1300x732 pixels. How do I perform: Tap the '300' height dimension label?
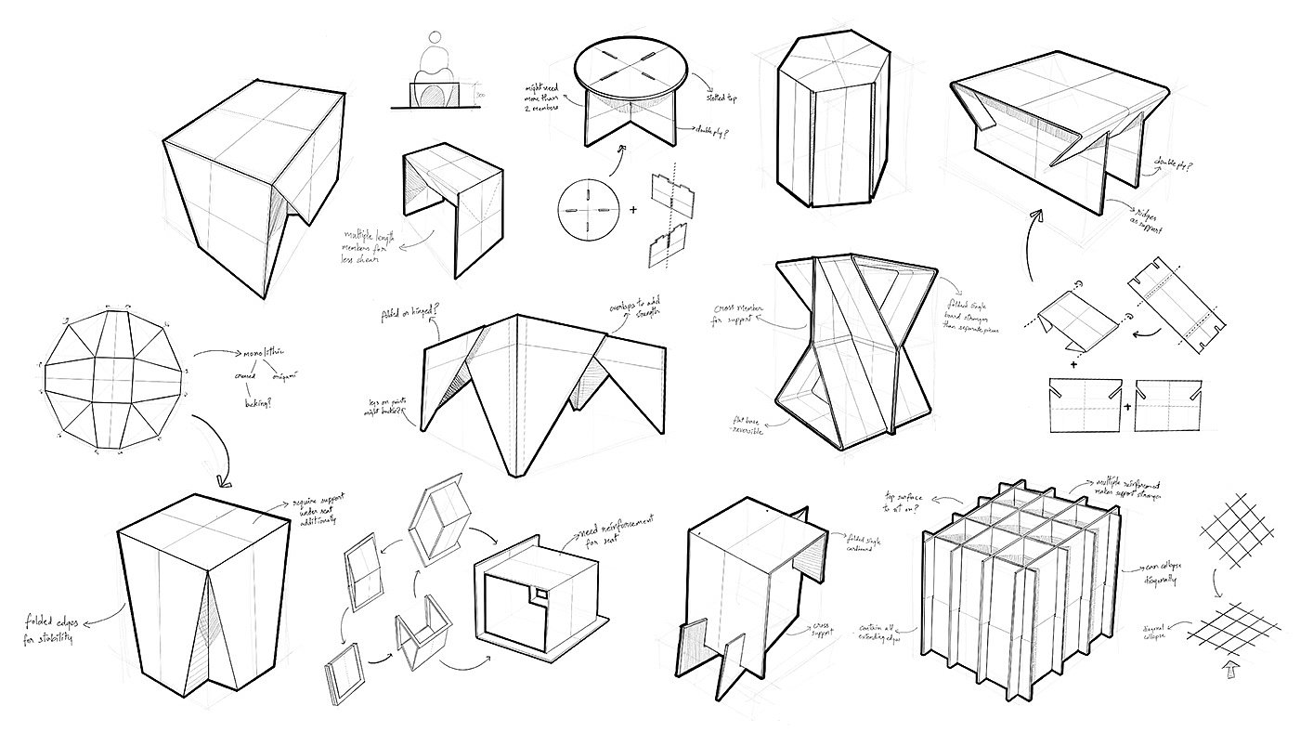pyautogui.click(x=480, y=95)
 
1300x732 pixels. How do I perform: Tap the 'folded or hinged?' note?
pyautogui.click(x=397, y=315)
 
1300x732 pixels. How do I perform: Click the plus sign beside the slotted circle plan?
pyautogui.click(x=634, y=210)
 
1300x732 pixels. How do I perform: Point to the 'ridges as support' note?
pyautogui.click(x=1149, y=216)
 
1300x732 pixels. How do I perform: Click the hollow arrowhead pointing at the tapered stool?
pyautogui.click(x=222, y=480)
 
